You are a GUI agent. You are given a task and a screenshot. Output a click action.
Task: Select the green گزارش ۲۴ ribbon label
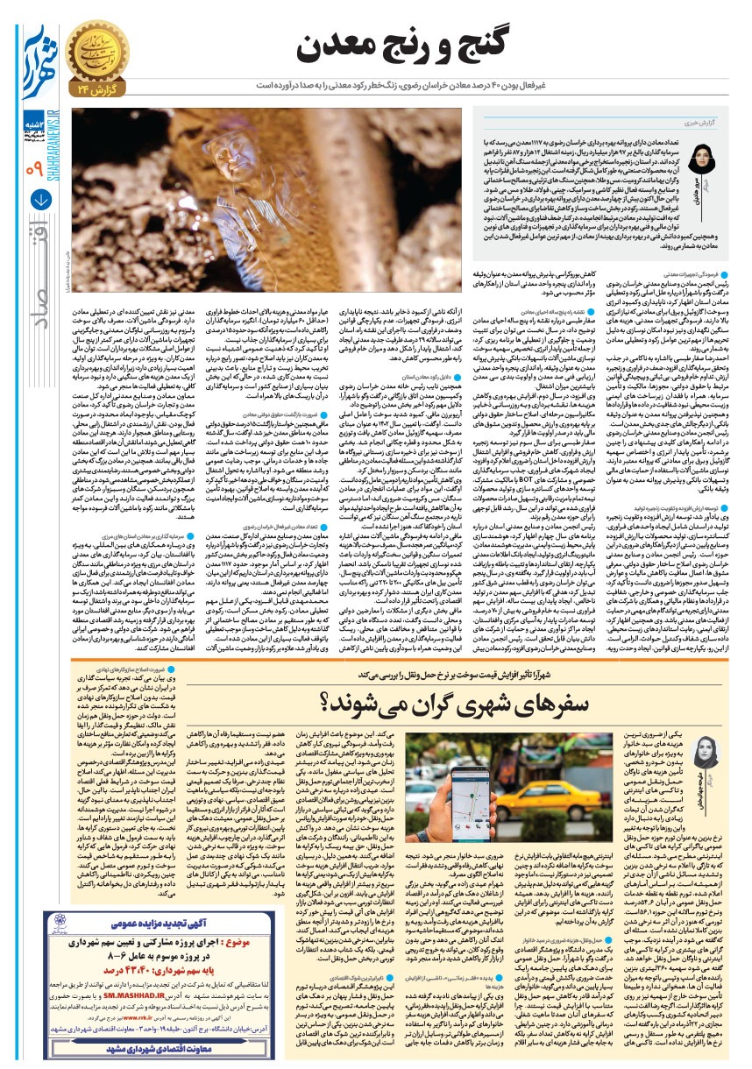click(x=97, y=90)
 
